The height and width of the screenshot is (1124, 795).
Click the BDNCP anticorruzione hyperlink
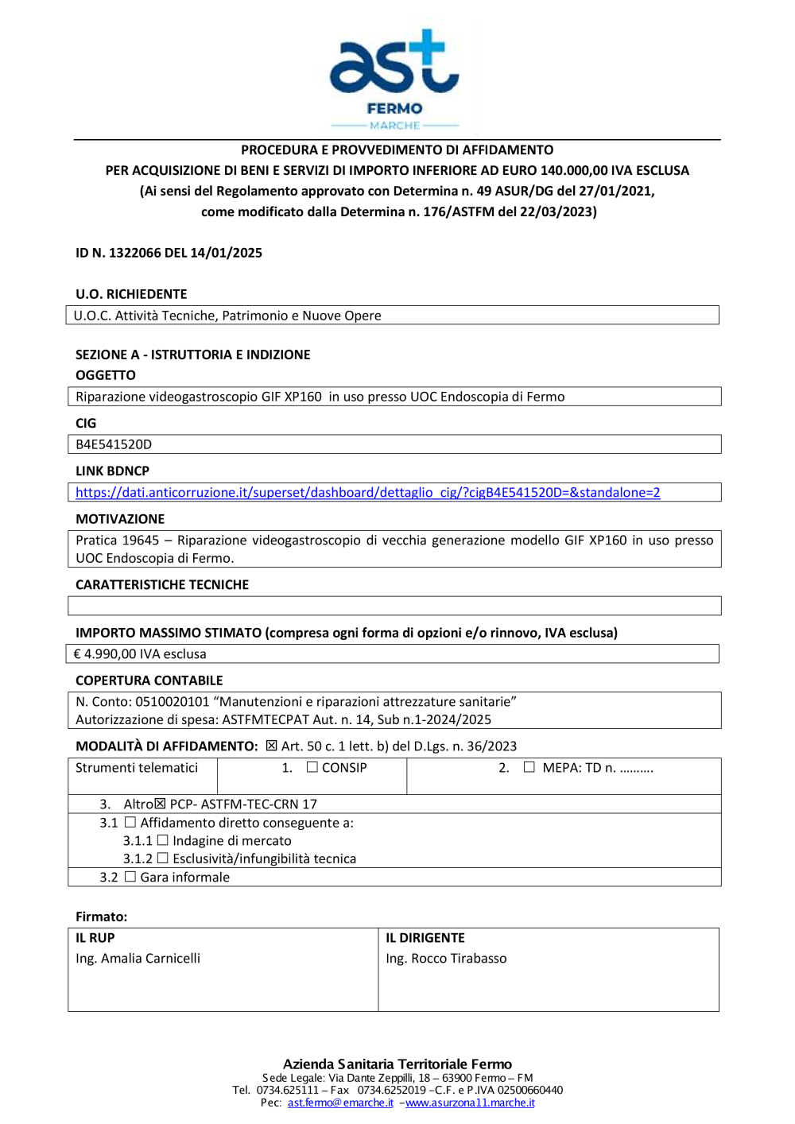pos(367,493)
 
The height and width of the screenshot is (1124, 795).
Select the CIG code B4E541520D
pos(114,444)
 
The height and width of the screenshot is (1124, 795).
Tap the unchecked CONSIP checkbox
pos(312,768)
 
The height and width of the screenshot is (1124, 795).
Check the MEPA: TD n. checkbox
pos(529,768)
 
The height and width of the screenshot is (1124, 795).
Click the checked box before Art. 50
pos(272,746)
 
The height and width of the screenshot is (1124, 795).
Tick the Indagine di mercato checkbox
pos(163,840)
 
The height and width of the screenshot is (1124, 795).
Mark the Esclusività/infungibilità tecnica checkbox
pos(163,859)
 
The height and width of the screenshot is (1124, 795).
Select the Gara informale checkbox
pos(130,877)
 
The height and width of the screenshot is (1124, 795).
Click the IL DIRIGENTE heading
pos(425,938)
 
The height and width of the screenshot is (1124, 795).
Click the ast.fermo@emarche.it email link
pos(340,1103)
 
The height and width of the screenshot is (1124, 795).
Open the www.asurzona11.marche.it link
pos(470,1103)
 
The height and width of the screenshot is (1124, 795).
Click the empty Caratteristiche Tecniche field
pos(394,606)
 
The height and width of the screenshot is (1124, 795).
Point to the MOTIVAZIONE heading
pos(120,519)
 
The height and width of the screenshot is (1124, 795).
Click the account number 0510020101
pos(172,702)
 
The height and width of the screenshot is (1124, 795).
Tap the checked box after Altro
pos(161,804)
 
